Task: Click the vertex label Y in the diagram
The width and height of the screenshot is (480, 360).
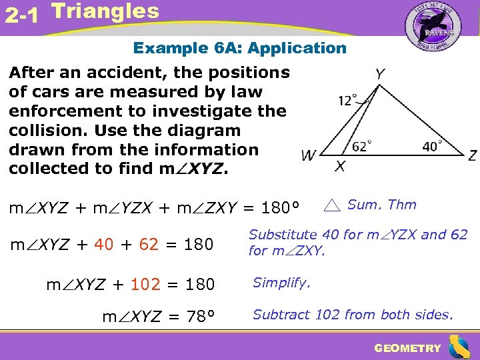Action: pyautogui.click(x=379, y=74)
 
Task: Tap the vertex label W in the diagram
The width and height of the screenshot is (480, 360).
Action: pyautogui.click(x=308, y=156)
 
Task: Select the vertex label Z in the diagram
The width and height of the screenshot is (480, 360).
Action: pyautogui.click(x=472, y=155)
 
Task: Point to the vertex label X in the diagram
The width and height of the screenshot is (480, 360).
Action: pyautogui.click(x=340, y=167)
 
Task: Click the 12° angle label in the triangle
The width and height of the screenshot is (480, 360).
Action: pyautogui.click(x=348, y=101)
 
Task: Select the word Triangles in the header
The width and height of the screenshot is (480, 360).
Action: pyautogui.click(x=105, y=11)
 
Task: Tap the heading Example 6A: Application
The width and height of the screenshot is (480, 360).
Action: pyautogui.click(x=240, y=48)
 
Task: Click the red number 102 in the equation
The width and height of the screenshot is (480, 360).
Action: pyautogui.click(x=145, y=285)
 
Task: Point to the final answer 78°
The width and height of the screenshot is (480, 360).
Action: pyautogui.click(x=196, y=316)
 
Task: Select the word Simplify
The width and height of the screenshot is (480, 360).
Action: pyautogui.click(x=281, y=283)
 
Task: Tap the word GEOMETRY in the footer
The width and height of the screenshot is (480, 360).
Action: pyautogui.click(x=407, y=348)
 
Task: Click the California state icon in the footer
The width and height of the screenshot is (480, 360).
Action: pyautogui.click(x=459, y=347)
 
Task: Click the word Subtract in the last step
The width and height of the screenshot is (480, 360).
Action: pyautogui.click(x=278, y=314)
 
